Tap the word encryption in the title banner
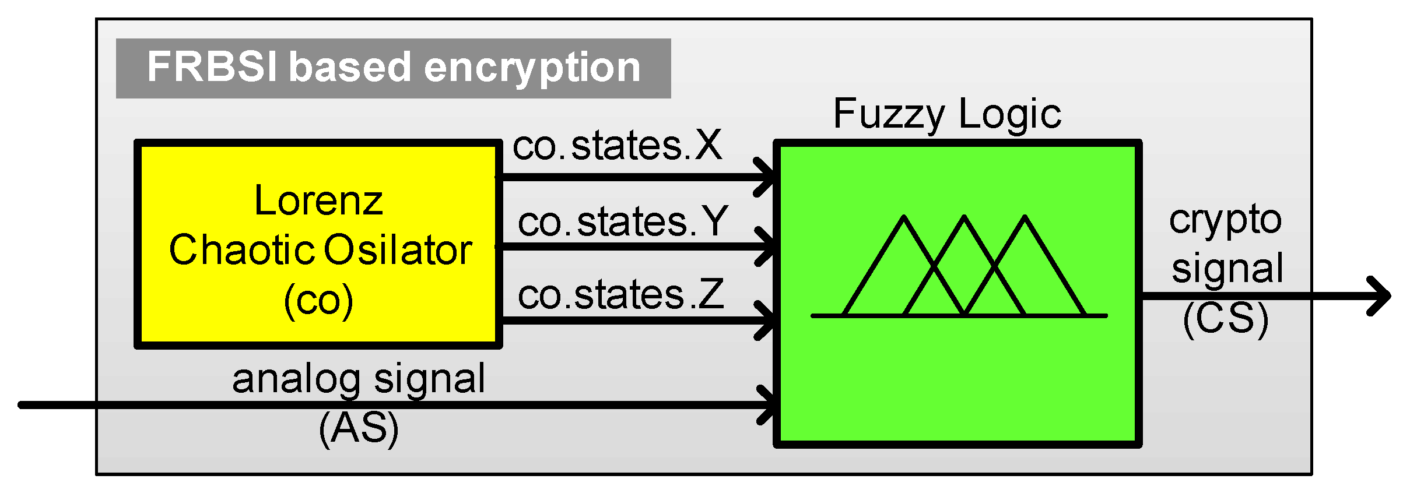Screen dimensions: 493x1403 tap(532, 68)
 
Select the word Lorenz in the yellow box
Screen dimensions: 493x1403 tap(318, 201)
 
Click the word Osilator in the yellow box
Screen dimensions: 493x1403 tap(398, 250)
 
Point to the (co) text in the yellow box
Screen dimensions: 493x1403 tap(318, 301)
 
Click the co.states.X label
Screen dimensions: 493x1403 tap(617, 146)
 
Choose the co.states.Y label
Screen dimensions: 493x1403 tap(623, 222)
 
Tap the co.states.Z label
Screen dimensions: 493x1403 tap(620, 294)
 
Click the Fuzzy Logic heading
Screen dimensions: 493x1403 tap(947, 114)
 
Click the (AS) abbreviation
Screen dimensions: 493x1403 tap(359, 428)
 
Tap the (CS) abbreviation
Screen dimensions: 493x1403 tap(1226, 319)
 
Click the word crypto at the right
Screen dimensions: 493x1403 tap(1225, 221)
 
